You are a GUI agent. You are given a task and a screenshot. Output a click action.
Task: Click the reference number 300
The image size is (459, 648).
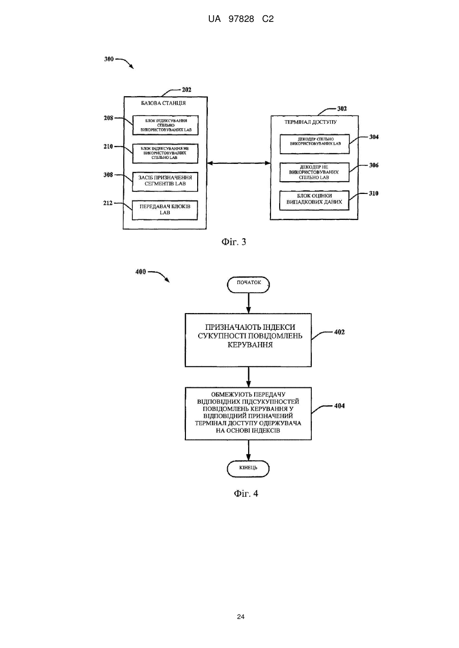[x=109, y=59]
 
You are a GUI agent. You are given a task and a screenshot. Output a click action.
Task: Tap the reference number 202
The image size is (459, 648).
[x=186, y=90]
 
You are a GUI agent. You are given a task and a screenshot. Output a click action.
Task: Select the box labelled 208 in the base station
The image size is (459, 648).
[x=166, y=125]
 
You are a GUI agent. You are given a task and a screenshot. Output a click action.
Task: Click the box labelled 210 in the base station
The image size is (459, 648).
[x=165, y=153]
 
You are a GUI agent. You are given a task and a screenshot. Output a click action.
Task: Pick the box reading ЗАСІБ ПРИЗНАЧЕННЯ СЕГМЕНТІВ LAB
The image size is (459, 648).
[x=165, y=182]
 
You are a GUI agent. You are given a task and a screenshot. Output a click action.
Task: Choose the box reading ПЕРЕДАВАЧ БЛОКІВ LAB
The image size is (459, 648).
[x=165, y=210]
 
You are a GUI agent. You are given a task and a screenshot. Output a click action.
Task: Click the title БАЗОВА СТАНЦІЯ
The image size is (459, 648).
[x=164, y=103]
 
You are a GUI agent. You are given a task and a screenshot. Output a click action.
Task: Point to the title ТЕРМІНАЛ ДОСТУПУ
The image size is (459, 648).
[x=310, y=122]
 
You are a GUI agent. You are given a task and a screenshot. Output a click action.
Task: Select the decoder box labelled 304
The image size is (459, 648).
[x=314, y=144]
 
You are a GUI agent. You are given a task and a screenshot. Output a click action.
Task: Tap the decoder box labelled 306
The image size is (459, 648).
[x=314, y=172]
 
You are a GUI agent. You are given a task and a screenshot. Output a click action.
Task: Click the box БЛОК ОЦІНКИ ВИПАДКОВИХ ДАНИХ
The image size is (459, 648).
[x=314, y=200]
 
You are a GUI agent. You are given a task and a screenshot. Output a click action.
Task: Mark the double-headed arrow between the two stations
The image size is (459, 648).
[x=239, y=163]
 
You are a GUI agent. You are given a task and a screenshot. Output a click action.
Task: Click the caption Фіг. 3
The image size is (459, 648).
[x=234, y=242]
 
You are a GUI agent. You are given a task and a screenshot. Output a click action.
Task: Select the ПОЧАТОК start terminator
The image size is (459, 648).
[x=249, y=285]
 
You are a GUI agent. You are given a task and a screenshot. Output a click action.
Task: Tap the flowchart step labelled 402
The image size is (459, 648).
[x=248, y=340]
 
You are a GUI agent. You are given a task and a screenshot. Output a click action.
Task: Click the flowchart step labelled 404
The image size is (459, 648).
[x=248, y=414]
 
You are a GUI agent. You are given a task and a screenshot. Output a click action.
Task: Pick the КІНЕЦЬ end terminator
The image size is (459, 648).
[x=248, y=469]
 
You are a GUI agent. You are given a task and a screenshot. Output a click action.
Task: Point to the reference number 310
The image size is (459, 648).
[x=373, y=193]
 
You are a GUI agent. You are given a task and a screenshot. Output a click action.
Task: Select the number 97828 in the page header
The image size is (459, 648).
[x=241, y=19]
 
